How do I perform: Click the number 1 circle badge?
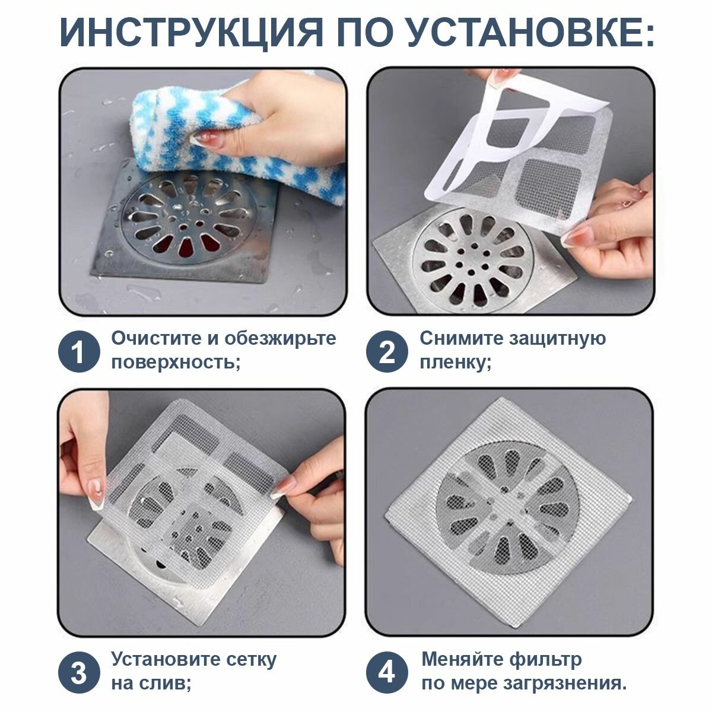[x=78, y=352]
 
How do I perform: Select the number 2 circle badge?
[x=386, y=352]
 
